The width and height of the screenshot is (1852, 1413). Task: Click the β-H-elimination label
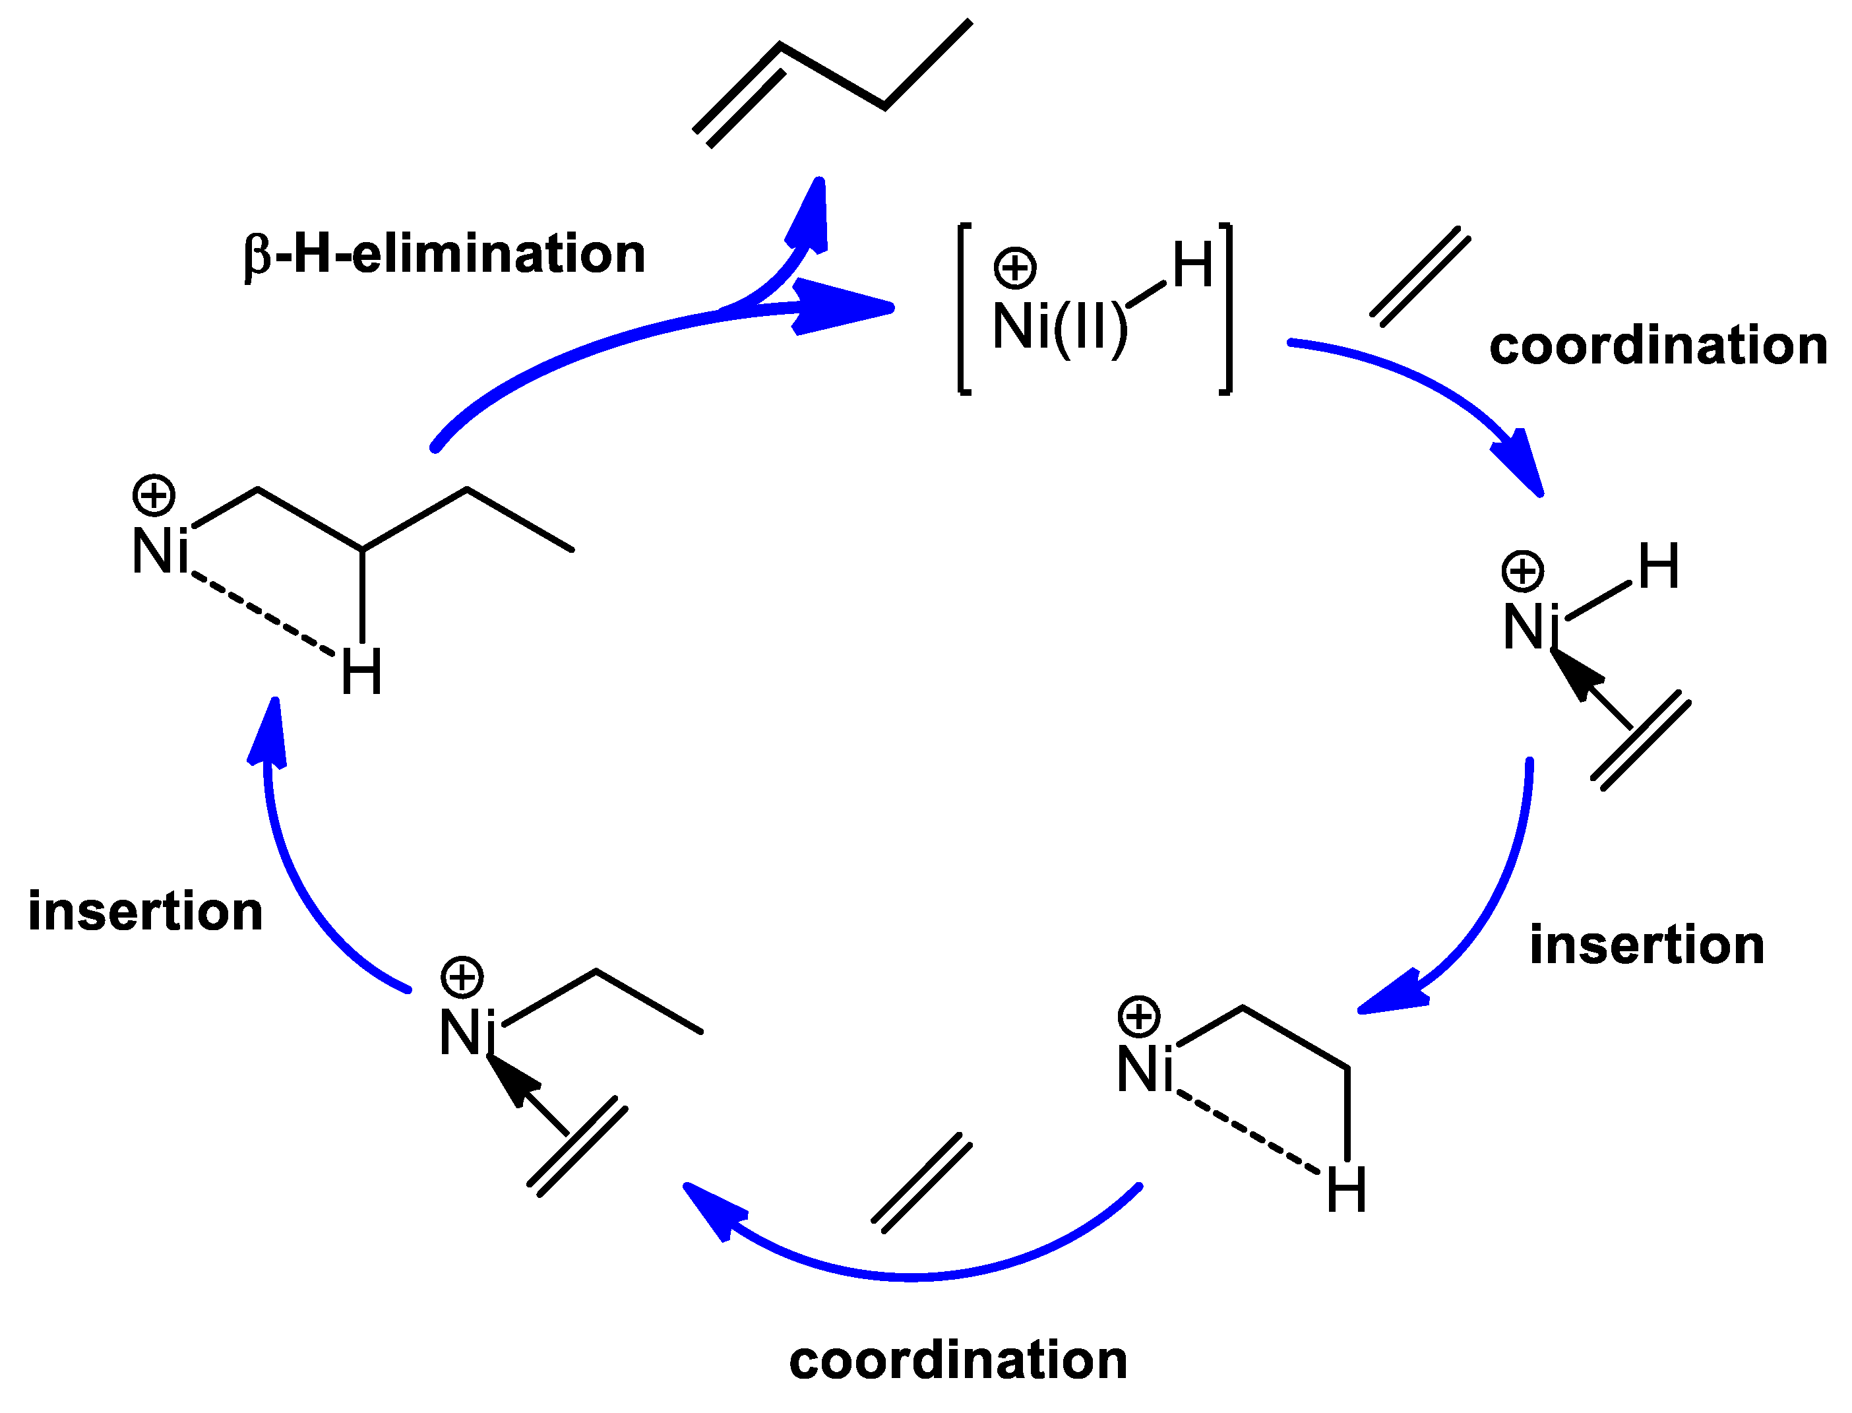point(444,254)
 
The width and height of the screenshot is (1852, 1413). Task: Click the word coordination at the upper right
point(1658,346)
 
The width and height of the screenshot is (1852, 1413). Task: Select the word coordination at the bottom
point(958,1360)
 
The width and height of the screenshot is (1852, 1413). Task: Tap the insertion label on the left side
point(146,911)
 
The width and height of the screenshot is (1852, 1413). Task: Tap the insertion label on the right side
point(1646,945)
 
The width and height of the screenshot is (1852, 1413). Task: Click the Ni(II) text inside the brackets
point(1059,327)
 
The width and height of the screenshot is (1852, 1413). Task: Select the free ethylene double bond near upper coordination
point(1420,276)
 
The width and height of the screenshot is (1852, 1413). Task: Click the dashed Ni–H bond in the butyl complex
point(262,612)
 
